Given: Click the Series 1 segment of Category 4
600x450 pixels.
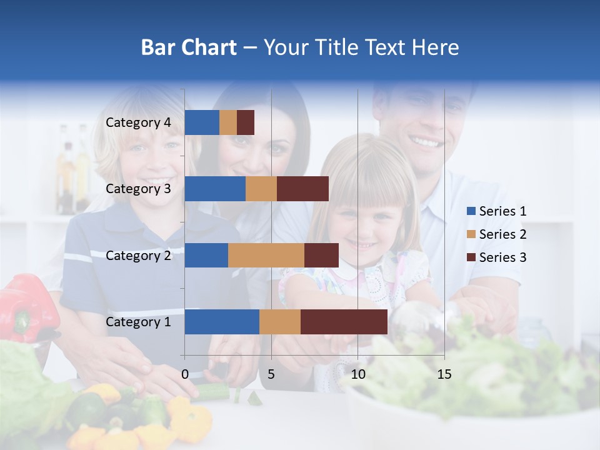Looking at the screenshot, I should tap(202, 122).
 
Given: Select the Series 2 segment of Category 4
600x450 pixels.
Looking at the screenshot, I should tap(228, 122).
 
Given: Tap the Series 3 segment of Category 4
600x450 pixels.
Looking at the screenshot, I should tap(246, 122).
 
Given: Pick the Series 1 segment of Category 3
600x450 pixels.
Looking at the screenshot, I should tap(215, 189).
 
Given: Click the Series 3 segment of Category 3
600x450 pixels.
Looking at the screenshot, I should tap(302, 189).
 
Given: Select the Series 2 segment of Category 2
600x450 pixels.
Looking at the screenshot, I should tap(266, 255).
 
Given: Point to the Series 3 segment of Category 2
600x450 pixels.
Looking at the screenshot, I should tap(321, 255).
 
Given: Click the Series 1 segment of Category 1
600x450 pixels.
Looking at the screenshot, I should tap(222, 322).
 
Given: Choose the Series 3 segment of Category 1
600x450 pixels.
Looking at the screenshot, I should tap(344, 322).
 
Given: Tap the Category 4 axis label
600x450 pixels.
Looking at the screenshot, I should tap(138, 122).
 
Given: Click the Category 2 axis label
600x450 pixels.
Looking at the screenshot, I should tap(138, 256).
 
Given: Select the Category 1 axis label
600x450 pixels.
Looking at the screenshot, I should tap(138, 322).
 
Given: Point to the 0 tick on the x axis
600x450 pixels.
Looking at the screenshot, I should tap(185, 374).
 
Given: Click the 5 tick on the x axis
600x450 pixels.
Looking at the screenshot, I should tap(271, 374).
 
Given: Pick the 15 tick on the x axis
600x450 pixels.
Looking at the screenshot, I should tap(444, 374).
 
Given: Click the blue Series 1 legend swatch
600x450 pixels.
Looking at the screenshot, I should tap(471, 211).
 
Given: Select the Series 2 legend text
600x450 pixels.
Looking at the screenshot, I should tap(502, 234).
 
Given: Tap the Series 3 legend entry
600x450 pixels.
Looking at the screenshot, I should tap(496, 257).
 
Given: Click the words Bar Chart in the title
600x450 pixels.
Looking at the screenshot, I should tap(189, 47).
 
